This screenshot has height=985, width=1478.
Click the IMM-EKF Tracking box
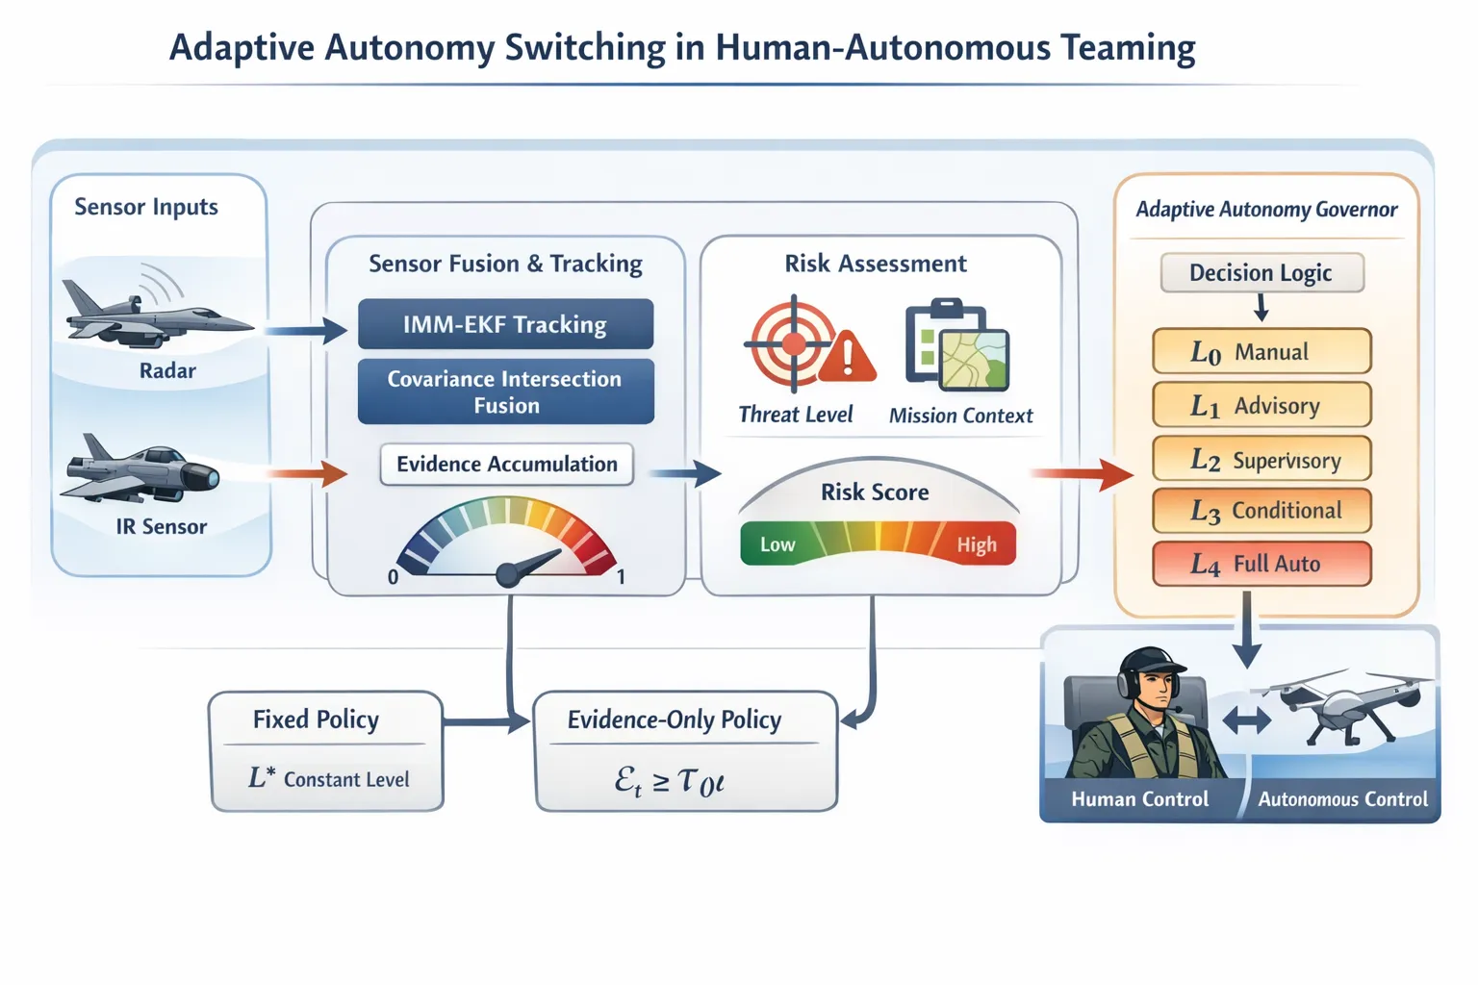coord(505,324)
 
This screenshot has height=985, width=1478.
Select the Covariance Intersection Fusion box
coord(505,391)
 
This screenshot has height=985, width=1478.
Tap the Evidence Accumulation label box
coord(506,464)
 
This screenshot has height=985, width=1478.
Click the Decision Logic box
coord(1261,273)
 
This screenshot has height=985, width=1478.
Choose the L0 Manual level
coord(1261,352)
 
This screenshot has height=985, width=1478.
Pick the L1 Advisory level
coord(1261,406)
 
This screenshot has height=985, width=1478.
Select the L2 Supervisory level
coord(1261,460)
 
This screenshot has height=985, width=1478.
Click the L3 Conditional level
coord(1261,511)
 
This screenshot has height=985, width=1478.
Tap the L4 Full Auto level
coord(1261,564)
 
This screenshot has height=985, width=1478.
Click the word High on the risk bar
coord(976,545)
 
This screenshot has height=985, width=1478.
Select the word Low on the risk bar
coord(777,544)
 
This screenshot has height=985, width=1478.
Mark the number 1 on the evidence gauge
coord(621,577)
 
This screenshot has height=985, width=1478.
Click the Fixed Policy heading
coord(316,720)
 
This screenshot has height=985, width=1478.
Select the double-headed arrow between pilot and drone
coord(1247,720)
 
